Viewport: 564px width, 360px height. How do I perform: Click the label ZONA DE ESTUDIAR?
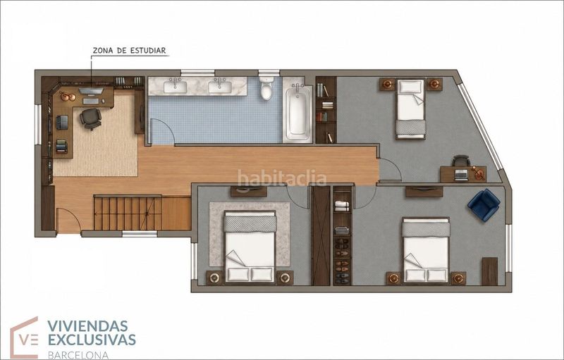(130, 51)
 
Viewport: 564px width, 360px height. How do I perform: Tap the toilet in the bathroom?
(266, 88)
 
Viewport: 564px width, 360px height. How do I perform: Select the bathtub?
(298, 113)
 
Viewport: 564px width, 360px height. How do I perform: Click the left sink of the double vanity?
(175, 87)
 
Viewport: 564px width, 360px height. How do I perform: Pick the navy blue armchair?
(484, 205)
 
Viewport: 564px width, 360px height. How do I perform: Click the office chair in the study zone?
(91, 118)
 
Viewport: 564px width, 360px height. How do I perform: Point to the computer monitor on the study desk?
(91, 91)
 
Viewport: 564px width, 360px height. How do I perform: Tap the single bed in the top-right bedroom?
(410, 109)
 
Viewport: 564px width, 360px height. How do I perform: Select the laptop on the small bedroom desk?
(462, 175)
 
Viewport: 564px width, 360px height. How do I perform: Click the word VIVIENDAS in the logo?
(87, 326)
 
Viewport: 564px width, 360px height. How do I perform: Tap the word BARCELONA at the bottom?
(78, 355)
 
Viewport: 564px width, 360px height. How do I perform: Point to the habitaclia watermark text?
(281, 178)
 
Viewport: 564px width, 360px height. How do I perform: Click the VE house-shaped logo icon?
(25, 337)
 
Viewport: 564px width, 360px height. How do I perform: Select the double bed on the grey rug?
(250, 247)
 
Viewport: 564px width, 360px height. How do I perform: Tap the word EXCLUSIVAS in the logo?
(92, 340)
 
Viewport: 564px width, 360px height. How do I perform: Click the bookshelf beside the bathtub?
(326, 110)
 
